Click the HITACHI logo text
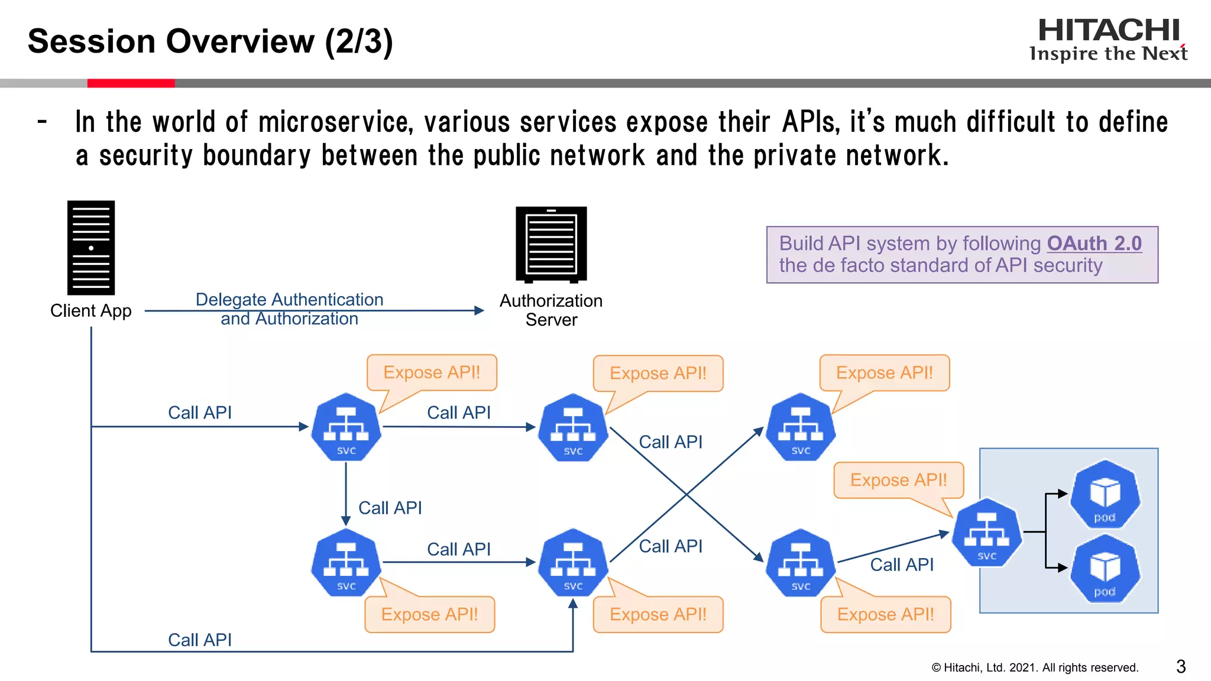(x=1109, y=30)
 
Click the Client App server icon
(x=91, y=248)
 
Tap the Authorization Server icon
(x=551, y=245)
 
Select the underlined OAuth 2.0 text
(x=1094, y=244)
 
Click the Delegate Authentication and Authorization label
(x=289, y=309)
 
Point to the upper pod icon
(x=1105, y=494)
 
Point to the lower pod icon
(x=1105, y=569)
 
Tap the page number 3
(x=1181, y=667)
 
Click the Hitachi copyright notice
(x=1035, y=668)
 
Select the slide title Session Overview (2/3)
(x=210, y=41)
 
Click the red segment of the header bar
(x=131, y=83)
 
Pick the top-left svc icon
(x=347, y=427)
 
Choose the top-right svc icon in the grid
(x=801, y=427)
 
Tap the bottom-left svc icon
(x=347, y=562)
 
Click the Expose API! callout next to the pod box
(x=898, y=480)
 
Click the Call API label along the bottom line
(x=200, y=640)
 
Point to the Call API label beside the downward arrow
(x=390, y=508)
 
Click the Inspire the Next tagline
(x=1108, y=54)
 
